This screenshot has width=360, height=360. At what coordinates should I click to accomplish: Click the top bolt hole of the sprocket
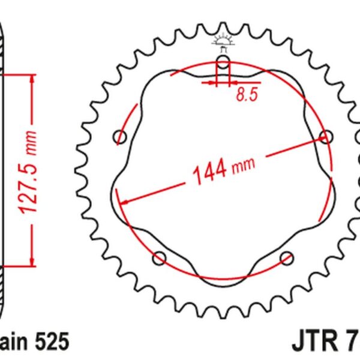[x=223, y=64]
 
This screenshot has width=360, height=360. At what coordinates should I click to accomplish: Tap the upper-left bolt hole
[x=121, y=138]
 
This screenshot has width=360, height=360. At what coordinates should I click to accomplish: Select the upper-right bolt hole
[x=326, y=137]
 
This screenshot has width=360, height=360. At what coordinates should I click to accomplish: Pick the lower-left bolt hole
[x=160, y=259]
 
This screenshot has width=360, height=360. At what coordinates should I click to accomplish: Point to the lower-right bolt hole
[x=287, y=258]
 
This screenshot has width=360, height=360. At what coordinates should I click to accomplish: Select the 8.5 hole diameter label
[x=244, y=95]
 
